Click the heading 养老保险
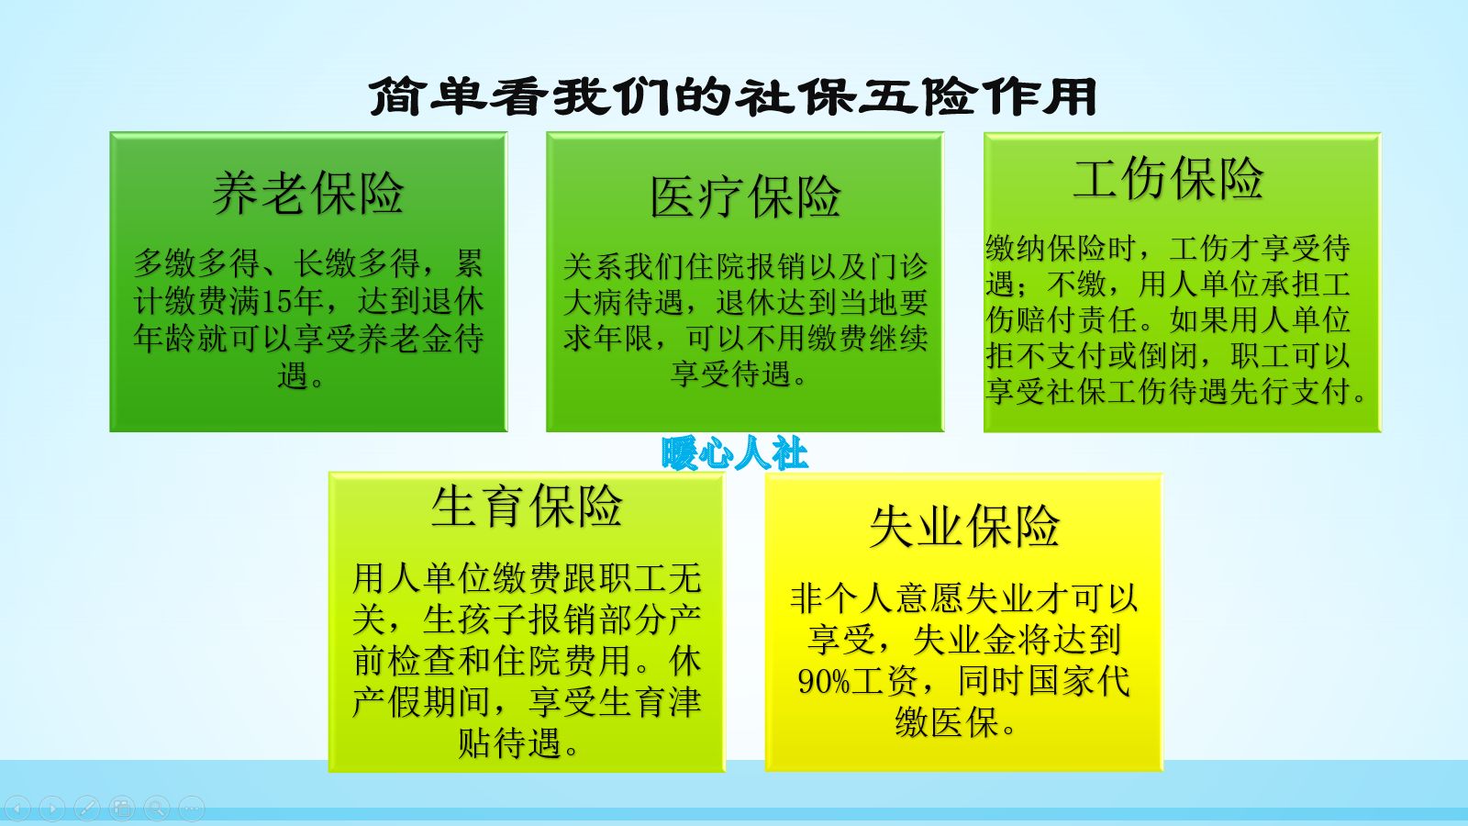pyautogui.click(x=308, y=194)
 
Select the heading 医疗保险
pyautogui.click(x=745, y=197)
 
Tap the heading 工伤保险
pyautogui.click(x=1168, y=178)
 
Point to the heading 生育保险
pyautogui.click(x=527, y=506)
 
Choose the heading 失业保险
pyautogui.click(x=964, y=527)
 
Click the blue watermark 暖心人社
pyautogui.click(x=735, y=453)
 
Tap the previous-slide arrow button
pyautogui.click(x=17, y=809)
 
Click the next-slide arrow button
pyautogui.click(x=52, y=809)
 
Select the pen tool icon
pyautogui.click(x=87, y=809)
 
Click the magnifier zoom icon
pyautogui.click(x=157, y=809)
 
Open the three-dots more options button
pyautogui.click(x=191, y=809)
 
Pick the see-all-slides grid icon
pyautogui.click(x=122, y=809)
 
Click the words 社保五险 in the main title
pyautogui.click(x=859, y=97)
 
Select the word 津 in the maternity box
pyautogui.click(x=684, y=703)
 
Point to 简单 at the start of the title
pyautogui.click(x=428, y=97)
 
